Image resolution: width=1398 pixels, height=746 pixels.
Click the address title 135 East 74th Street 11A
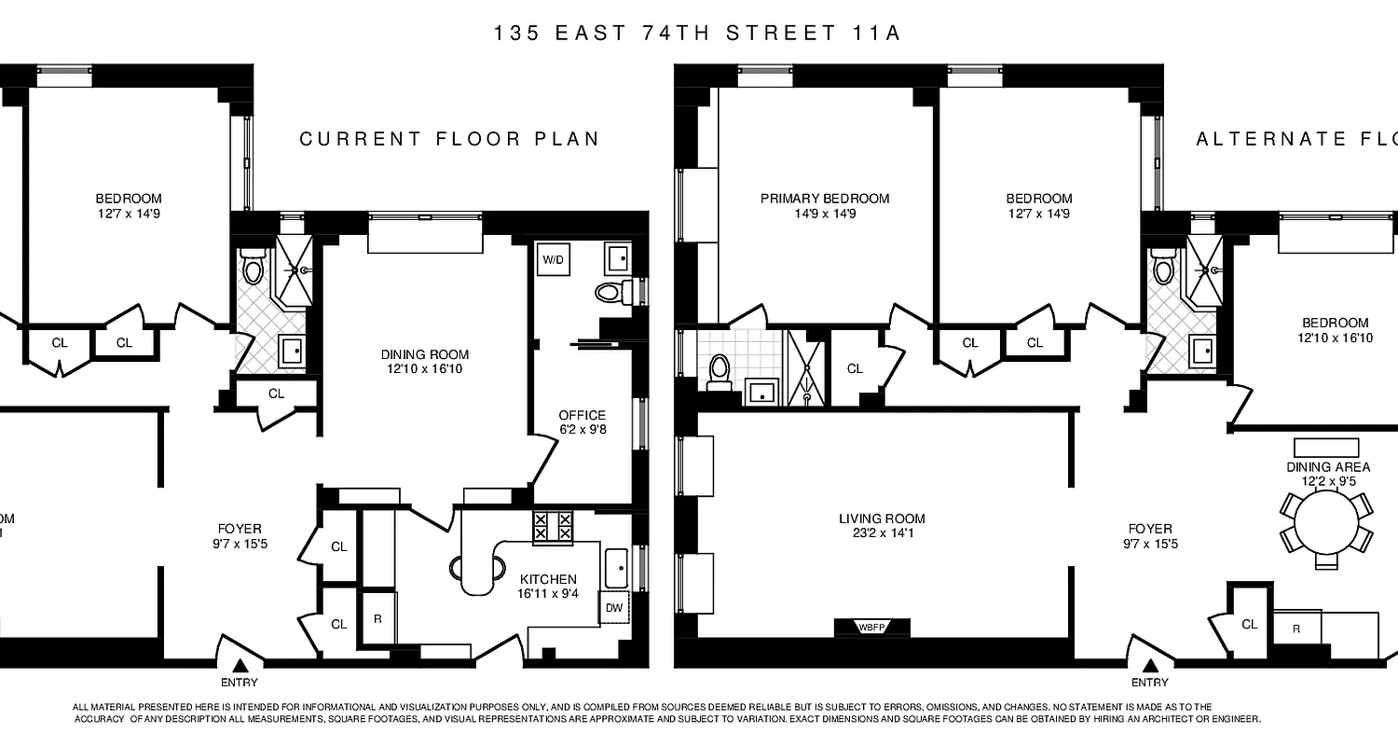(x=698, y=34)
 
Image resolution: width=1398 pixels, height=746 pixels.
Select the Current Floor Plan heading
(x=448, y=139)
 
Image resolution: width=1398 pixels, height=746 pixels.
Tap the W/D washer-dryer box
(x=553, y=259)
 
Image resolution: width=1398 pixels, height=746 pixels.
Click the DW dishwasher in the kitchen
(x=613, y=607)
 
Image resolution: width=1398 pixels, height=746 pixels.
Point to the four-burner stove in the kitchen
(x=554, y=528)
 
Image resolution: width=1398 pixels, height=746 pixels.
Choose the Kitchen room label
(x=548, y=579)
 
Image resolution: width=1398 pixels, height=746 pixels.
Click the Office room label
(x=582, y=415)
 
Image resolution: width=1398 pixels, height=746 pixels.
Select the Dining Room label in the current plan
(x=424, y=354)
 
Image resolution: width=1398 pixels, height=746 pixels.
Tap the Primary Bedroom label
(x=824, y=199)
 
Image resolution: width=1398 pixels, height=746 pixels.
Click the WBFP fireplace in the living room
(x=874, y=628)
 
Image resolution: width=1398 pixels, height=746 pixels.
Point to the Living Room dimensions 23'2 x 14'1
(x=882, y=534)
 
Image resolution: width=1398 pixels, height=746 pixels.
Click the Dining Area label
(x=1328, y=467)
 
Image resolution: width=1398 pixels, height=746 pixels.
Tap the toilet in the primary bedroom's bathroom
(x=719, y=371)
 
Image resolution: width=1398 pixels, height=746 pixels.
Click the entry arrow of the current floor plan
(x=240, y=665)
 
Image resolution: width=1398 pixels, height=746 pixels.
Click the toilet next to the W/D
(x=610, y=293)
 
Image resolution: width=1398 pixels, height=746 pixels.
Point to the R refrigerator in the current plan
(x=377, y=618)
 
